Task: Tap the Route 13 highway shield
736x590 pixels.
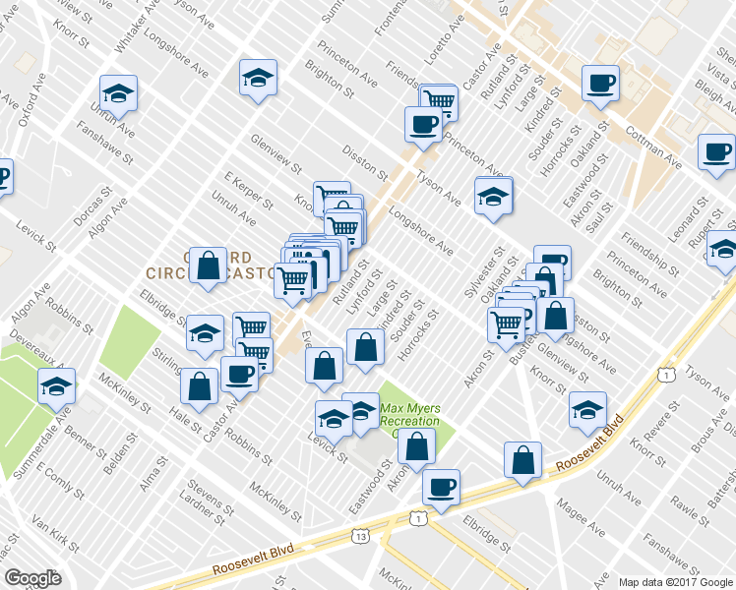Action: pos(361,536)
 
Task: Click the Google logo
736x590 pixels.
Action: pos(32,578)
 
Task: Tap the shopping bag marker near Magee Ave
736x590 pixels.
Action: pos(522,460)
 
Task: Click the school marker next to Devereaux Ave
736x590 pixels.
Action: pos(56,386)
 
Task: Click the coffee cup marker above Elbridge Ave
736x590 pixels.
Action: pos(441,486)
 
